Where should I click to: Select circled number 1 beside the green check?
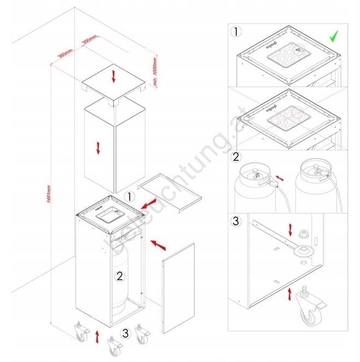tap(236, 31)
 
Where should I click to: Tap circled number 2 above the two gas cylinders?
tap(236, 157)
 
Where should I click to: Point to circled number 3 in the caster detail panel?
tap(236, 222)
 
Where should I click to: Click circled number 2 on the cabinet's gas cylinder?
tap(120, 276)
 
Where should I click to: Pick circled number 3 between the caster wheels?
tap(126, 332)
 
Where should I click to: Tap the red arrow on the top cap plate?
tap(114, 77)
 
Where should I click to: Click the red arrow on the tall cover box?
tap(99, 148)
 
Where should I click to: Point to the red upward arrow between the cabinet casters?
tap(98, 335)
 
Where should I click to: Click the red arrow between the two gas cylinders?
tap(280, 179)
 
